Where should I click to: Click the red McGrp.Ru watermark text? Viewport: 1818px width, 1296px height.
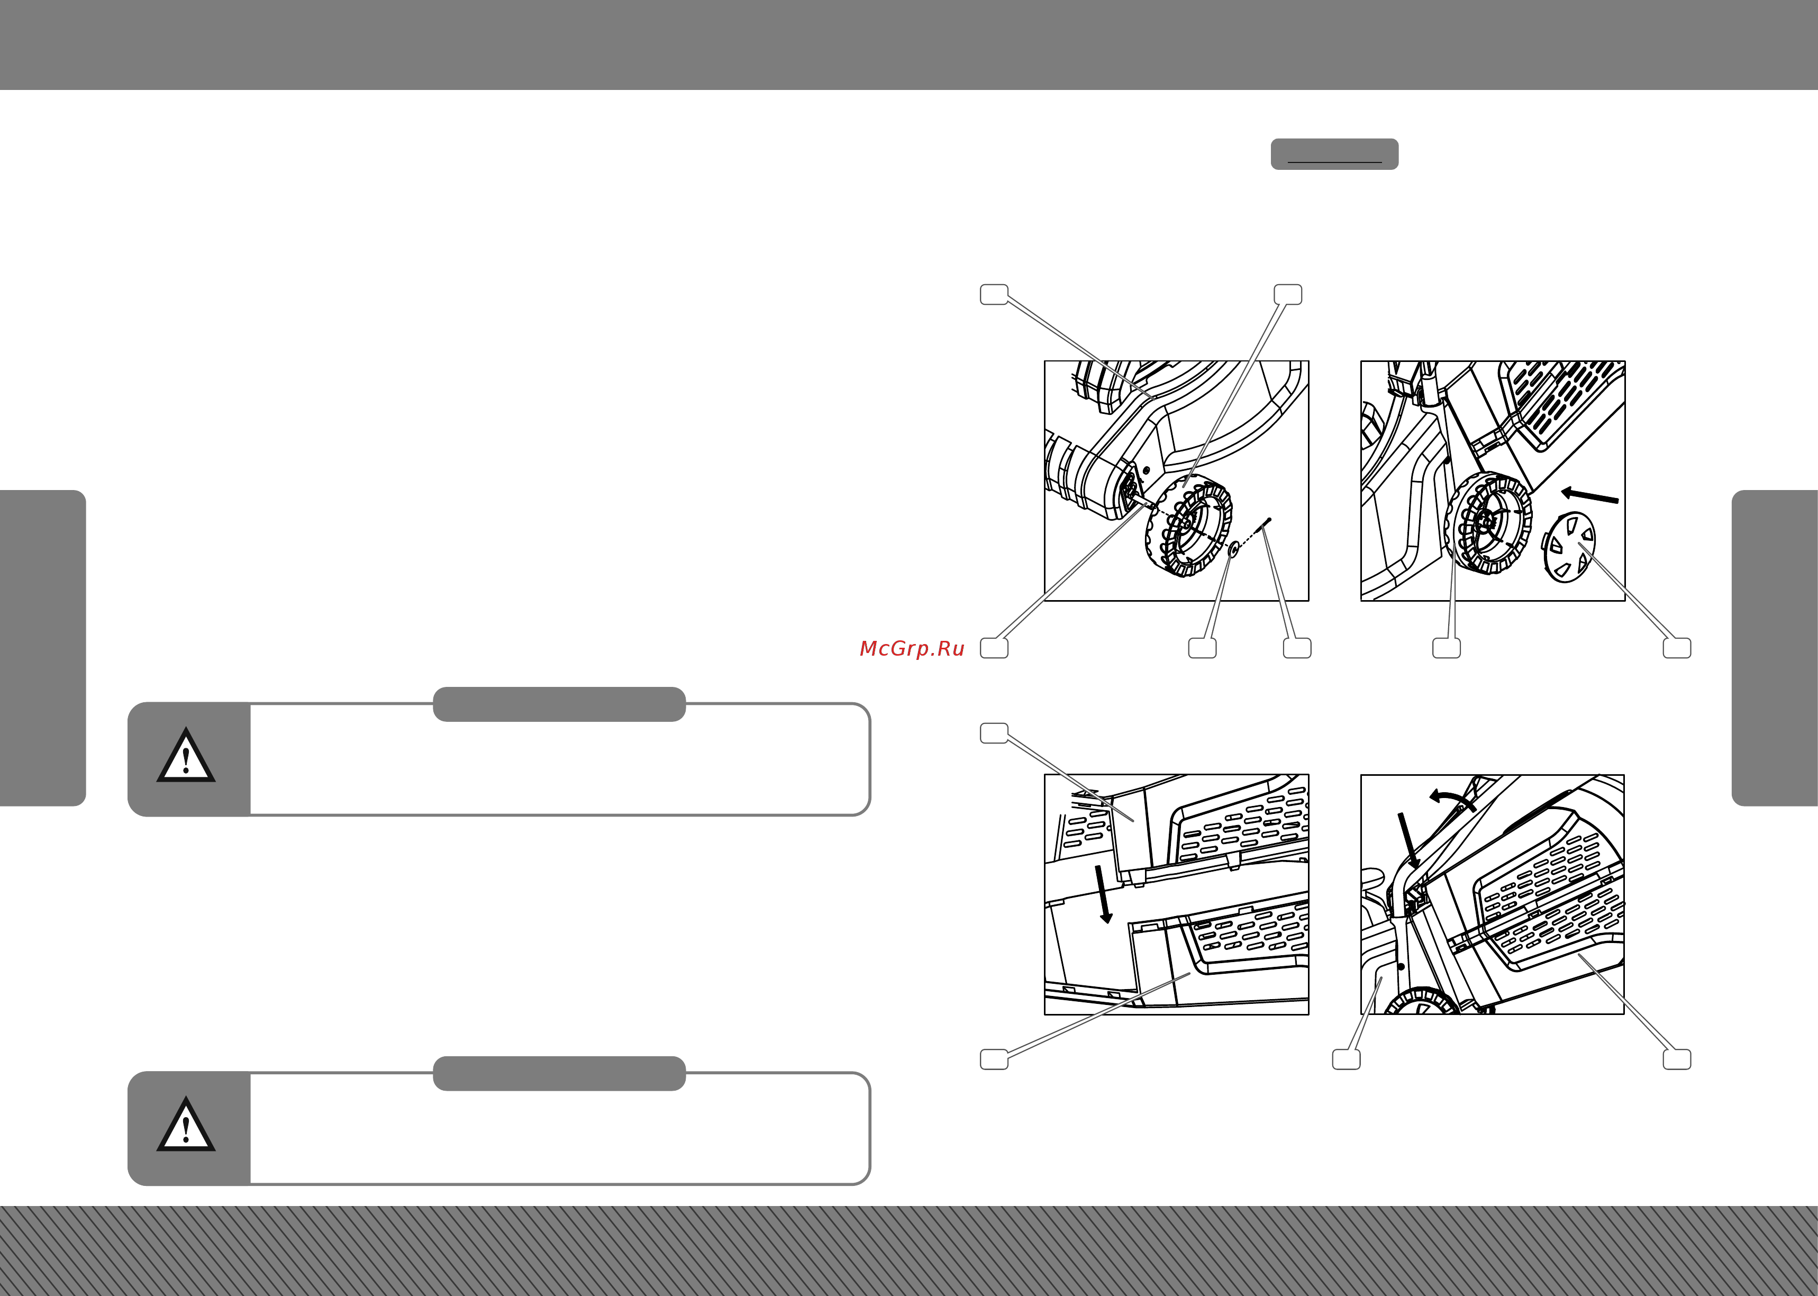point(912,649)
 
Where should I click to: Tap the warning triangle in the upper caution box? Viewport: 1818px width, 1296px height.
point(186,756)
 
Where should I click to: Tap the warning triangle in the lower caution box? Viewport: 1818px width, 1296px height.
point(186,1125)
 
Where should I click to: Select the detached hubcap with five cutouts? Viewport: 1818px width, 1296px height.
point(1568,547)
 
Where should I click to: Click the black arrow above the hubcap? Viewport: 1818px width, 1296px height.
point(1589,495)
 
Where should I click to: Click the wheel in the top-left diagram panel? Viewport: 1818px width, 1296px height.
point(1188,525)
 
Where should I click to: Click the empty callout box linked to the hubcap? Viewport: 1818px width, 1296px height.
point(1677,648)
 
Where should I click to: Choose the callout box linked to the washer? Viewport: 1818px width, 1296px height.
point(1202,648)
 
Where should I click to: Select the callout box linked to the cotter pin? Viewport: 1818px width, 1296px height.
point(1297,648)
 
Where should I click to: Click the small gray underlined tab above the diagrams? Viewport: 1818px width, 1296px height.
point(1334,154)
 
